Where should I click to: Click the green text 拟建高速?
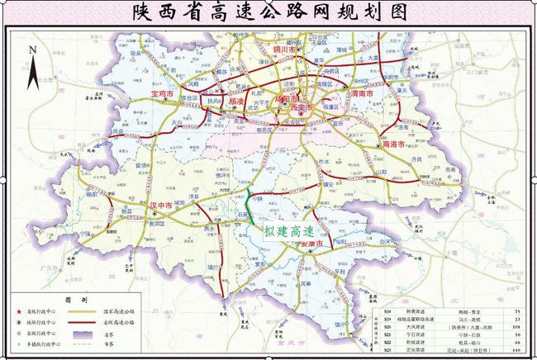pos(288,231)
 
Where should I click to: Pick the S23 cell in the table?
pos(387,352)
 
